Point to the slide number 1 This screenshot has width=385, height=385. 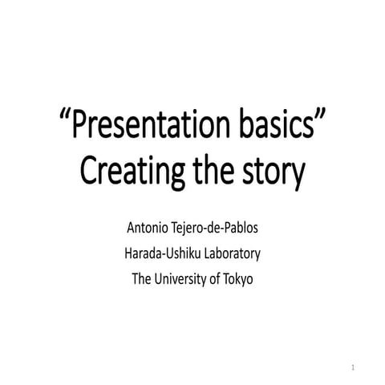tap(353, 367)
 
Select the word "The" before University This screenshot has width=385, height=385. tap(140, 280)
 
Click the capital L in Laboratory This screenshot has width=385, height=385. tap(202, 254)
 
